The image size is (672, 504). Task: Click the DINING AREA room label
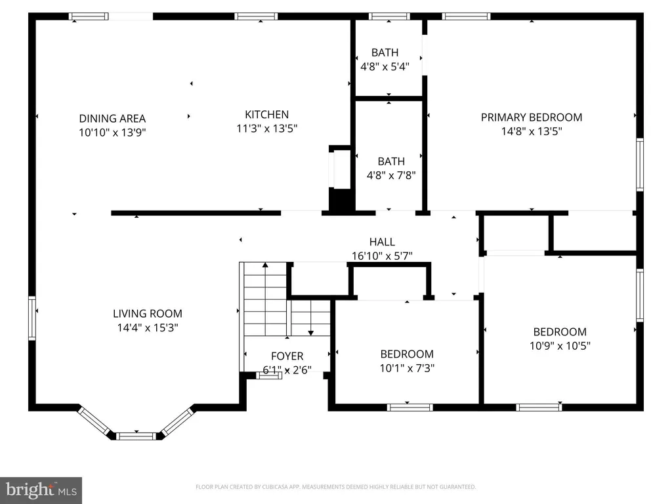[x=112, y=118]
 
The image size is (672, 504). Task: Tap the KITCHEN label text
[x=266, y=114]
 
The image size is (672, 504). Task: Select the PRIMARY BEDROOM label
[x=532, y=117]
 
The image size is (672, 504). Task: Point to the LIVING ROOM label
[x=148, y=314]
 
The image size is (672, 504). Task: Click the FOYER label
[x=287, y=356]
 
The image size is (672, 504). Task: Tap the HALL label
[x=382, y=242]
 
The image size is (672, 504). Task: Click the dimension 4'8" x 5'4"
[x=385, y=66]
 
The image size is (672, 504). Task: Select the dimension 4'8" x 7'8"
[x=391, y=175]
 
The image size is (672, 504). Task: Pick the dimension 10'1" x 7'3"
[x=407, y=368]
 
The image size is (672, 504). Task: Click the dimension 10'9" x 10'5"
[x=560, y=346]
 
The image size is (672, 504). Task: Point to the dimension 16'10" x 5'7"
[x=382, y=256]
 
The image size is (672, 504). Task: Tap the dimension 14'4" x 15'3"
[x=148, y=328]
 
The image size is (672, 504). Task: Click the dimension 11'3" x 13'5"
[x=266, y=129]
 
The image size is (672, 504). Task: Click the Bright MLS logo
[x=41, y=490]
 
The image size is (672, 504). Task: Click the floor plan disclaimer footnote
[x=335, y=487]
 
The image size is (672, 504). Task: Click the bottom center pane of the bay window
[x=136, y=436]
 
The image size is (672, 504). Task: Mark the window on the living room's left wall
[x=32, y=318]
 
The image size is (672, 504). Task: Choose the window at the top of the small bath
[x=389, y=16]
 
